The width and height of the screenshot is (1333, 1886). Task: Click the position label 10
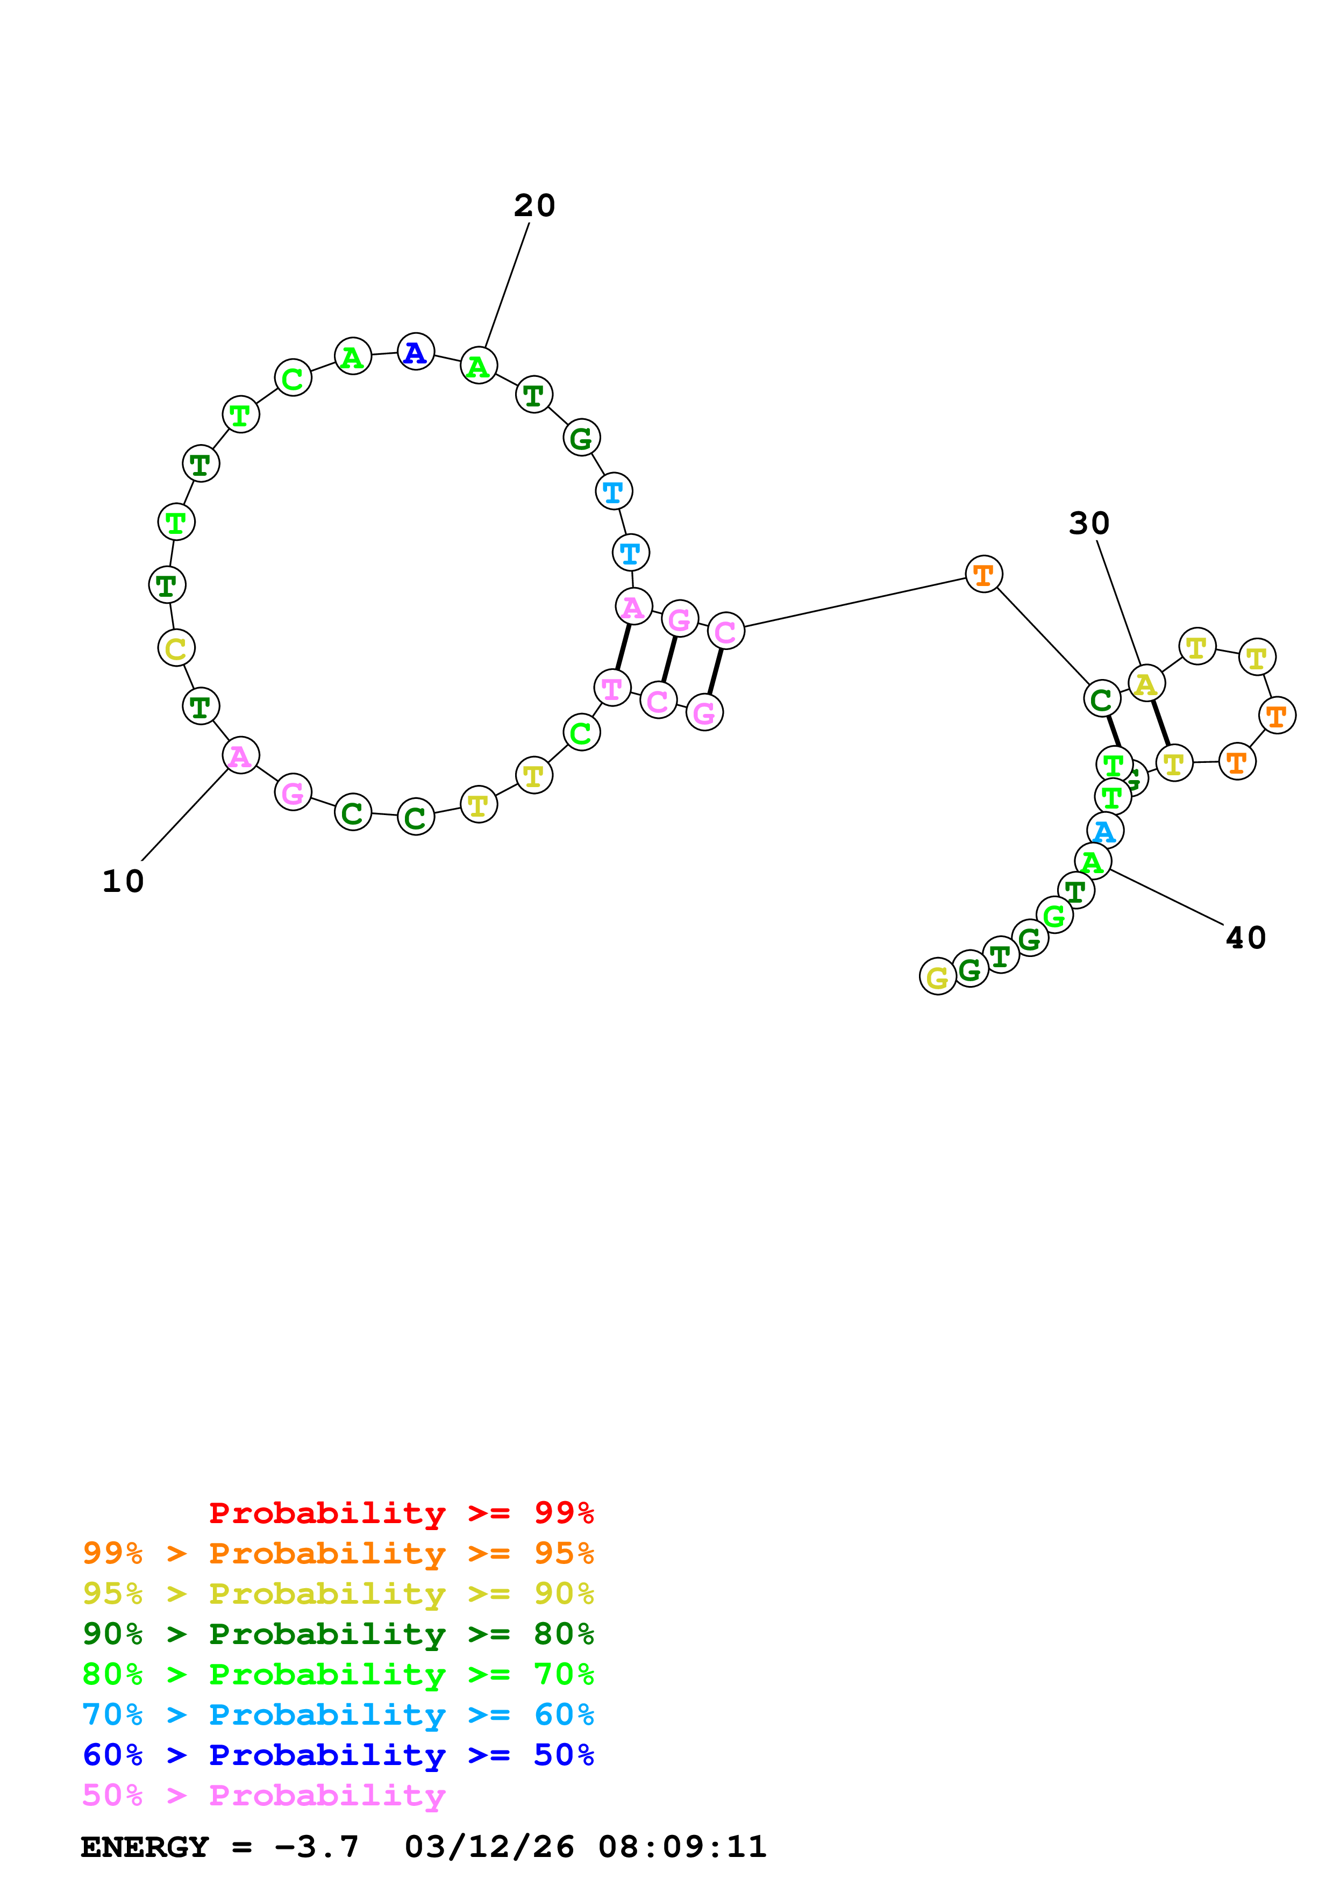coord(123,881)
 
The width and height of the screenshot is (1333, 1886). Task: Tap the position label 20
coord(534,205)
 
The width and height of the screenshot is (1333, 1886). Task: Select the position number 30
coord(1089,523)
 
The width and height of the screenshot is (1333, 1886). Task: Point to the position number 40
coord(1245,937)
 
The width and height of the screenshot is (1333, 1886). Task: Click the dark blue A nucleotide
coord(416,352)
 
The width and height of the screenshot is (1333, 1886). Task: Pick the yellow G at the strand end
coord(937,977)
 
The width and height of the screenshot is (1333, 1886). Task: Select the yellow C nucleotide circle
coord(176,648)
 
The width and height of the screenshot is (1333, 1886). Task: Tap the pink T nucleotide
coord(612,688)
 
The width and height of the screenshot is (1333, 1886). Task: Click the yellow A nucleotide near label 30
coord(1146,683)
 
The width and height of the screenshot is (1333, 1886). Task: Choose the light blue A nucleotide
coord(1104,831)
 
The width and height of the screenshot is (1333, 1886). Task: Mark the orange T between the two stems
coord(983,574)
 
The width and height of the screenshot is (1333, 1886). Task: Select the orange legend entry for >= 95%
coord(338,1553)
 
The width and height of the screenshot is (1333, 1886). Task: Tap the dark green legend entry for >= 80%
coord(338,1634)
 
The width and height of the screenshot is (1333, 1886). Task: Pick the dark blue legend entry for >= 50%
coord(338,1755)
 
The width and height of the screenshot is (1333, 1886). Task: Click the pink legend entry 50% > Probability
coord(263,1795)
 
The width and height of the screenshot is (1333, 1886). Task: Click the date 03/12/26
coord(489,1847)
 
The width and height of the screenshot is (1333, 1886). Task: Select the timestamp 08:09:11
coord(682,1847)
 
